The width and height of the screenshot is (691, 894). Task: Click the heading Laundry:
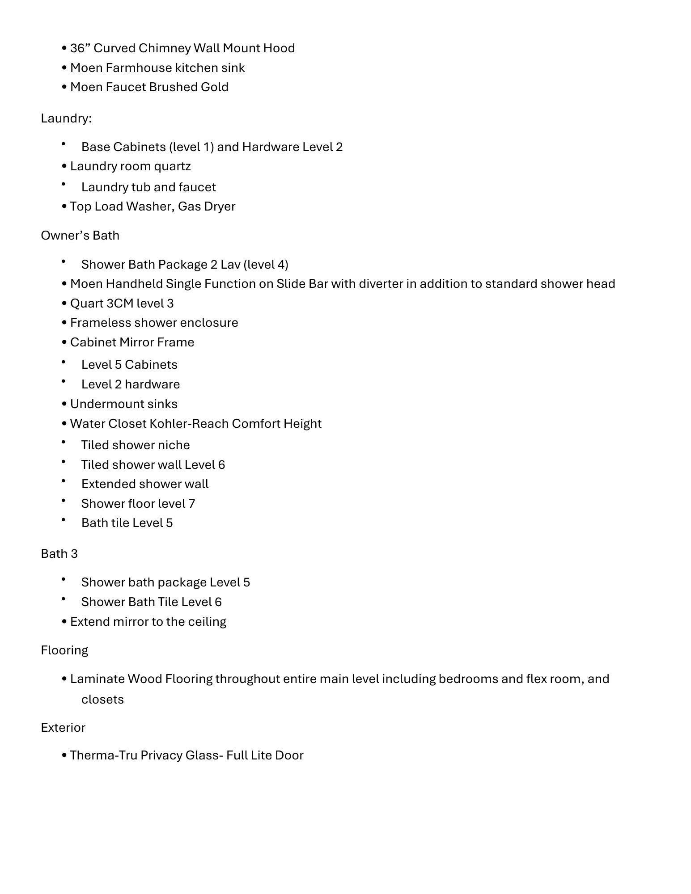(66, 118)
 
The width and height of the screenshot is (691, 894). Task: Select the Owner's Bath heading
(80, 236)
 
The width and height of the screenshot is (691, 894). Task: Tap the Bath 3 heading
(59, 554)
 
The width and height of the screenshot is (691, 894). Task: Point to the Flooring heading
(64, 650)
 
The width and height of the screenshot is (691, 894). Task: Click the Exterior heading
(63, 728)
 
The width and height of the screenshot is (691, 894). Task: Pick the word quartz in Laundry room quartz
(172, 167)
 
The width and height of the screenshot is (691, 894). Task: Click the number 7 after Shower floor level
(192, 504)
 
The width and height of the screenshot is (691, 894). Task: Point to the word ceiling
(207, 622)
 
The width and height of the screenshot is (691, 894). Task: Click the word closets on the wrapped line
(102, 700)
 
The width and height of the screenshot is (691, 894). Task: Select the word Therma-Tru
(103, 755)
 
